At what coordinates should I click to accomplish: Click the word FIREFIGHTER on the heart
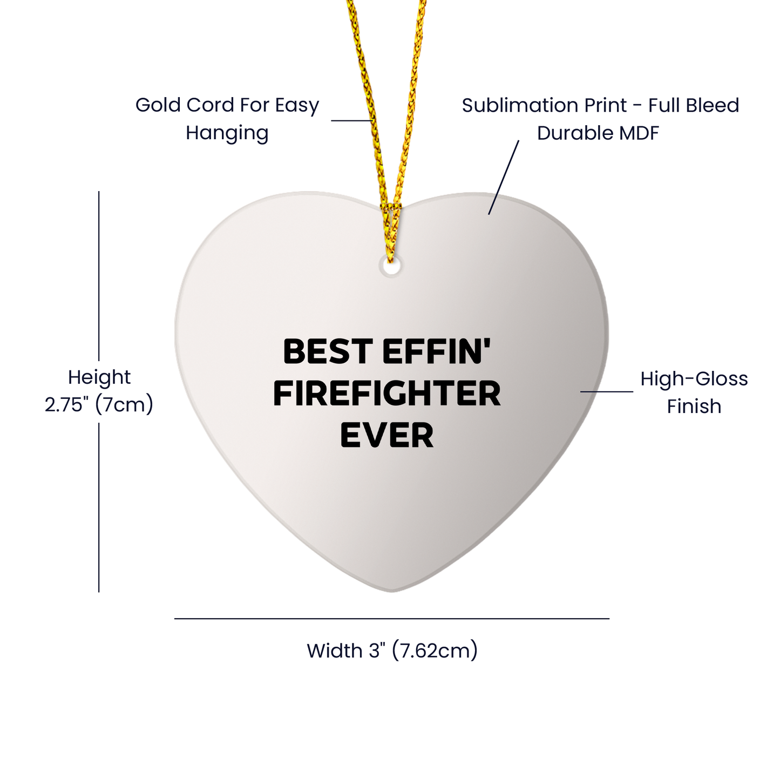386,394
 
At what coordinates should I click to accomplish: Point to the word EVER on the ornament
386,436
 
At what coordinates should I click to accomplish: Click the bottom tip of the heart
392,589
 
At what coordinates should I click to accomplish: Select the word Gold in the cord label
158,105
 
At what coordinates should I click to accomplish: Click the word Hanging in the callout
227,133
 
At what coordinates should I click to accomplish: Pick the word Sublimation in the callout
519,105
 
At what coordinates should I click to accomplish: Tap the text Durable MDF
598,133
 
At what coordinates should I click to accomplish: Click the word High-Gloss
694,379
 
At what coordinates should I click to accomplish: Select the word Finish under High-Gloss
694,406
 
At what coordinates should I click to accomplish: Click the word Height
99,377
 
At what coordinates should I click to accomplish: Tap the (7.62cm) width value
435,650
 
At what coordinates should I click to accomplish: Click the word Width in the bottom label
335,650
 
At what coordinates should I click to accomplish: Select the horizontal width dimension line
392,619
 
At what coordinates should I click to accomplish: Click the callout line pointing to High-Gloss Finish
607,392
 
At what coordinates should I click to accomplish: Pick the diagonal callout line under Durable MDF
504,177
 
